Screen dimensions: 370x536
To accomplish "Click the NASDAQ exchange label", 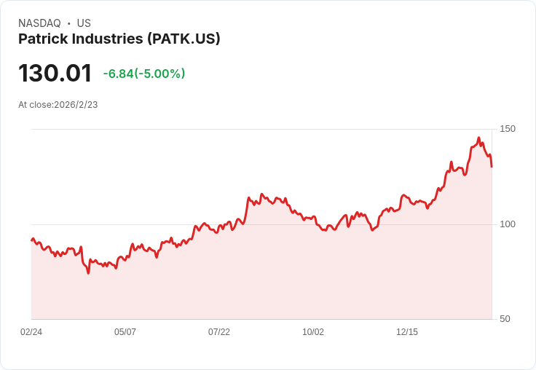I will [39, 23].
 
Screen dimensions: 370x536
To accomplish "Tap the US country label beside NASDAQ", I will [84, 23].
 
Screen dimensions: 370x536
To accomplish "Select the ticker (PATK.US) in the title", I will [184, 39].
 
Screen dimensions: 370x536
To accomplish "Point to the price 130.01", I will [55, 74].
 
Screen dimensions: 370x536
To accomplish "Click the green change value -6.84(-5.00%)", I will [144, 74].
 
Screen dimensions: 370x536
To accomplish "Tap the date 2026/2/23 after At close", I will [76, 105].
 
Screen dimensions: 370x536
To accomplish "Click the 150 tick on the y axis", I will [508, 129].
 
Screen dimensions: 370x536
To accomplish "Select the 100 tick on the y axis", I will [508, 224].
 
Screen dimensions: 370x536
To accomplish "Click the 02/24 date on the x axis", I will [31, 332].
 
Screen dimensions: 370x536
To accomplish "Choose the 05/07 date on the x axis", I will [125, 332].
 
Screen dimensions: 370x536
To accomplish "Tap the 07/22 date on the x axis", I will [219, 332].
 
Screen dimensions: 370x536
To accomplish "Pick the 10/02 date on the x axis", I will [313, 332].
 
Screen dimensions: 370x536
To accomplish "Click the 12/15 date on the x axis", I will [407, 332].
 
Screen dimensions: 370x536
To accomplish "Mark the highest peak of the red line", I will [478, 138].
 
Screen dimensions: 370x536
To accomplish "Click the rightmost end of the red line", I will [492, 167].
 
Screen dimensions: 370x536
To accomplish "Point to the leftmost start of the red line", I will [31, 240].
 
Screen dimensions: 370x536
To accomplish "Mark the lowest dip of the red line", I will [88, 273].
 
